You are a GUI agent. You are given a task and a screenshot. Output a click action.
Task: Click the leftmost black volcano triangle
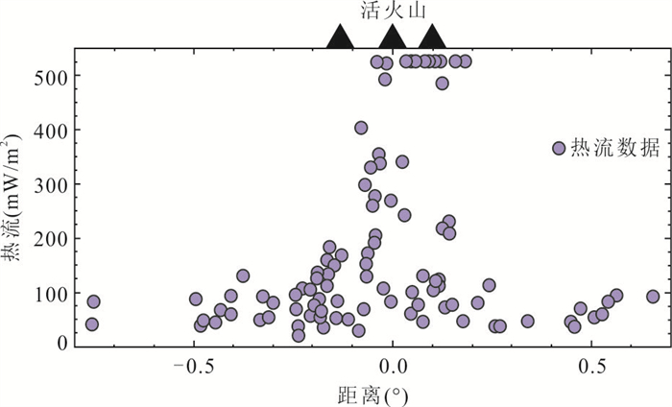click(340, 37)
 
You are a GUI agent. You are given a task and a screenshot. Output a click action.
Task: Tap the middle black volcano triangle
click(392, 37)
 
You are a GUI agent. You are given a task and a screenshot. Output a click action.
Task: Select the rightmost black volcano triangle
click(432, 37)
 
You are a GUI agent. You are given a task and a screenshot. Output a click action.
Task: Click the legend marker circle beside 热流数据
click(559, 148)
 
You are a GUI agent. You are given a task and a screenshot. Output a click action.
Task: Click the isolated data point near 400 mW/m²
click(361, 128)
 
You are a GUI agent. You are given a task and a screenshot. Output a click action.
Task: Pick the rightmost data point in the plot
click(653, 297)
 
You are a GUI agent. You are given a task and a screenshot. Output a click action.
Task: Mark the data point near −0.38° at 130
click(243, 276)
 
